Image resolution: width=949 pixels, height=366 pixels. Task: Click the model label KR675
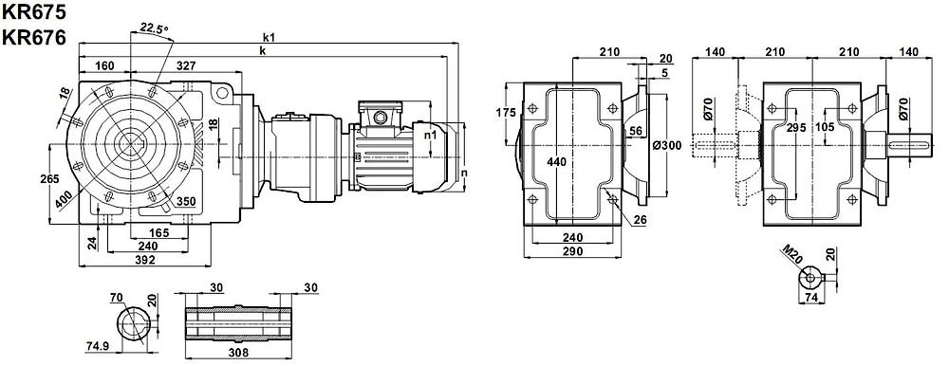(x=33, y=11)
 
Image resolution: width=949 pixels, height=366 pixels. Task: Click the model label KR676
(x=33, y=38)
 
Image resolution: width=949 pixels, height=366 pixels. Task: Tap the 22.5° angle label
(x=155, y=27)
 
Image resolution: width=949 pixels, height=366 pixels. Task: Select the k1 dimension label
(x=269, y=38)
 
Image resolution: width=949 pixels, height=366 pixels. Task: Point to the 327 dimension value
(x=185, y=64)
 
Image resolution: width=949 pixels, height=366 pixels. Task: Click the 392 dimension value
(x=144, y=260)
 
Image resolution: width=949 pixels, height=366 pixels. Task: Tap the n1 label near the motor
(x=430, y=135)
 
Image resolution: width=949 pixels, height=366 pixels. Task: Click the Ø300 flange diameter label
(x=667, y=145)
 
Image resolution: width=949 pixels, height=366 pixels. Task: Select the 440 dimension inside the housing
(x=555, y=161)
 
